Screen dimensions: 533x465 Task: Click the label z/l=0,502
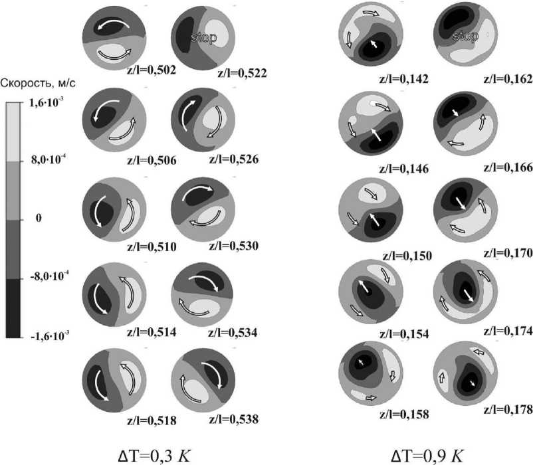pyautogui.click(x=152, y=70)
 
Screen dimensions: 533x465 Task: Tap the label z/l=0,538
pyautogui.click(x=234, y=419)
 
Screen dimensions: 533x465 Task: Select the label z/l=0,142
pyautogui.click(x=404, y=79)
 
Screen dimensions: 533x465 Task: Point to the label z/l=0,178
pyautogui.click(x=508, y=410)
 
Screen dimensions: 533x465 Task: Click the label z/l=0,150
pyautogui.click(x=407, y=256)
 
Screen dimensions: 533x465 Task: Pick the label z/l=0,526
pyautogui.click(x=234, y=159)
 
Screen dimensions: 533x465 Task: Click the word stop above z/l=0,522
pyautogui.click(x=203, y=37)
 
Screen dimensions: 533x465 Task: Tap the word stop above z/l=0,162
pyautogui.click(x=466, y=35)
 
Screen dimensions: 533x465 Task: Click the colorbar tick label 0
pyautogui.click(x=39, y=218)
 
